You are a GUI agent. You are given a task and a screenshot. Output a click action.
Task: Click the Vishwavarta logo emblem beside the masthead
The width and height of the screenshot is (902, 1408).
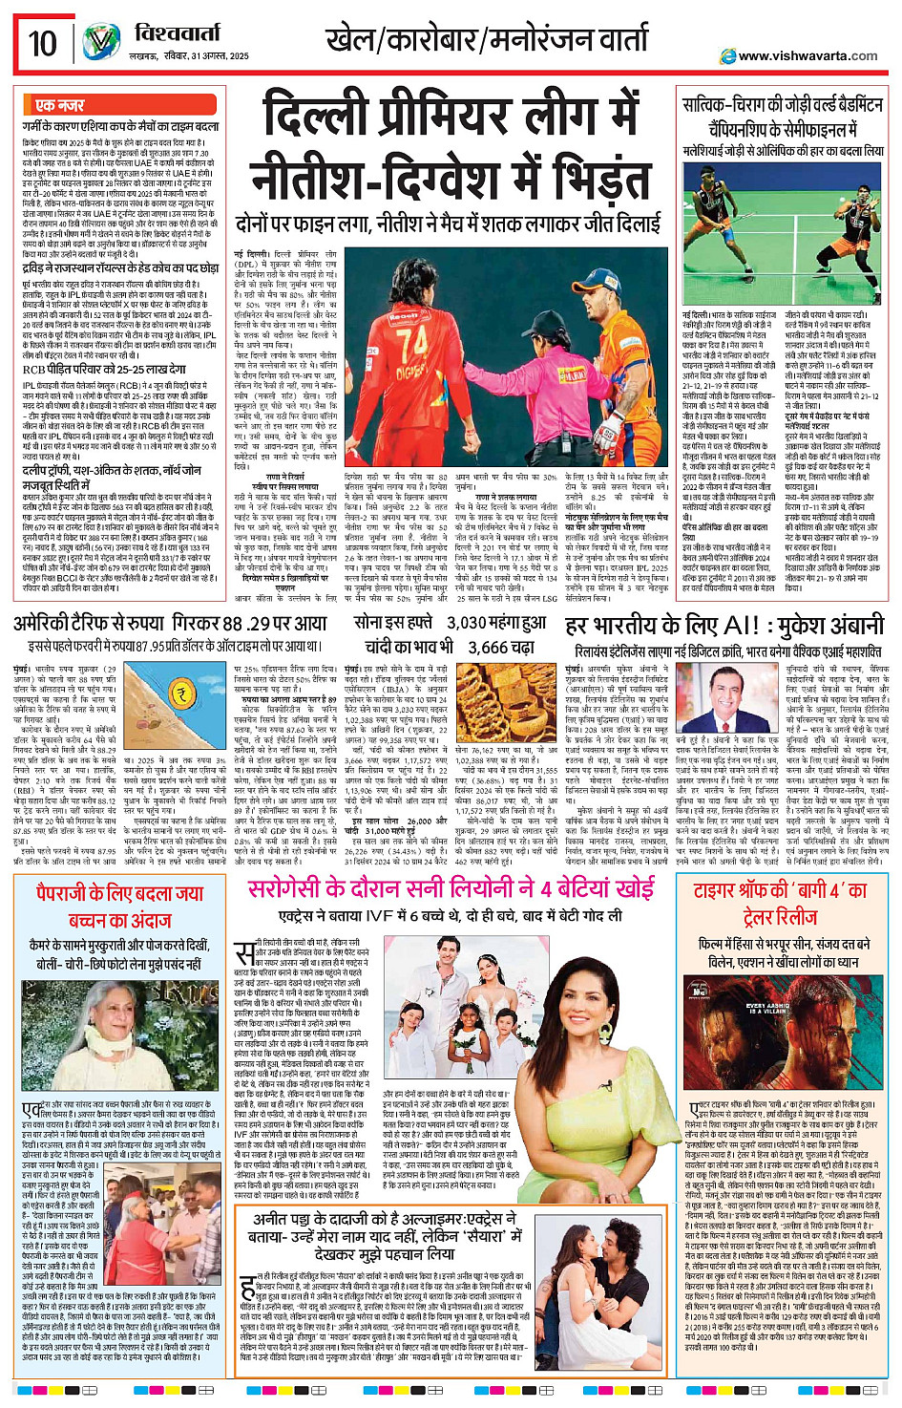pyautogui.click(x=100, y=43)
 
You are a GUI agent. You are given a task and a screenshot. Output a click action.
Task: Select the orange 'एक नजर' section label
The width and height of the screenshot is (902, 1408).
pyautogui.click(x=59, y=105)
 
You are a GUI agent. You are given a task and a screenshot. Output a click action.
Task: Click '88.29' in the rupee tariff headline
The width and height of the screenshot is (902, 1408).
pyautogui.click(x=246, y=623)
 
